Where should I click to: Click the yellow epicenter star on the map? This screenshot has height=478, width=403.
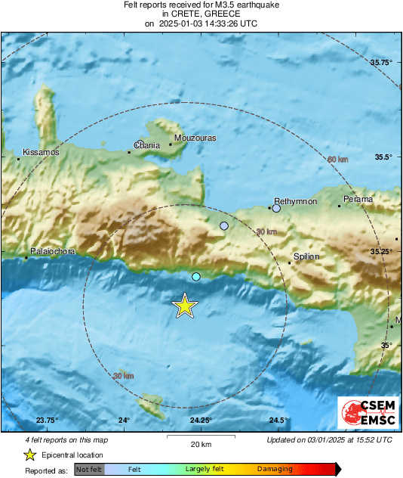[184, 306]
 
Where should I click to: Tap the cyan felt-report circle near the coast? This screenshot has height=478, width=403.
[196, 277]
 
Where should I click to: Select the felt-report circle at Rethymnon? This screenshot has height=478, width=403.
[276, 208]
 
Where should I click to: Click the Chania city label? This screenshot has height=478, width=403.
[147, 144]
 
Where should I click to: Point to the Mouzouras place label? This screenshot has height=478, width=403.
[195, 138]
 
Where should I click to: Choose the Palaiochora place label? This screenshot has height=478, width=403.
[52, 251]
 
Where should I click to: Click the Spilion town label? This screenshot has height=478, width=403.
[306, 256]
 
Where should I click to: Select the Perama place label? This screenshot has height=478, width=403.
[358, 200]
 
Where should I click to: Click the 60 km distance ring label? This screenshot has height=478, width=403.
[337, 160]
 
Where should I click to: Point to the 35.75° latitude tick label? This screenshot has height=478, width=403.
[382, 63]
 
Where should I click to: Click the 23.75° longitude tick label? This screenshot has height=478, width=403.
[47, 421]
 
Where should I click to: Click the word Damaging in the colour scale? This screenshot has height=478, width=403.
[275, 469]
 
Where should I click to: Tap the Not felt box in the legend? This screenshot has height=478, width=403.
[89, 470]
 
